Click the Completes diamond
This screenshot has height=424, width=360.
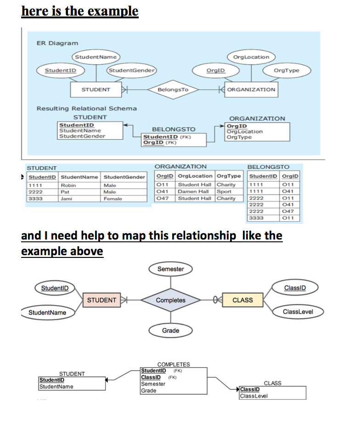coord(170,300)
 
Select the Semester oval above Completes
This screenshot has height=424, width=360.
coord(170,269)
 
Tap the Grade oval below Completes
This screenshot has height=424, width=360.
coord(170,330)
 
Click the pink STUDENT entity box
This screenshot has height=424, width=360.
coord(101,300)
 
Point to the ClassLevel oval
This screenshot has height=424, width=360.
coord(298,312)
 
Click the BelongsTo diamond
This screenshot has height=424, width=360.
coord(172,89)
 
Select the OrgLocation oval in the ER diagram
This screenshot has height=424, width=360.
coord(251,57)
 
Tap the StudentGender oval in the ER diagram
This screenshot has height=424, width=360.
coord(131,70)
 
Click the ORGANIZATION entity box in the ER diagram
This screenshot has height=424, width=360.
coord(251,89)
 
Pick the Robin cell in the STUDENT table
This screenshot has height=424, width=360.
coord(68,185)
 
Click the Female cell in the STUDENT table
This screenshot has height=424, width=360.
coord(112,199)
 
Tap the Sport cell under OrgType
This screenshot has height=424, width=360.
coord(224,191)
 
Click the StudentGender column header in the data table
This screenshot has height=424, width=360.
coord(124,177)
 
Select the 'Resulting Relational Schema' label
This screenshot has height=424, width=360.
coord(86,108)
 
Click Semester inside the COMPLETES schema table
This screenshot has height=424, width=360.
coord(153,384)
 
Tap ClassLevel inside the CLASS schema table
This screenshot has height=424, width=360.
coord(254,396)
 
